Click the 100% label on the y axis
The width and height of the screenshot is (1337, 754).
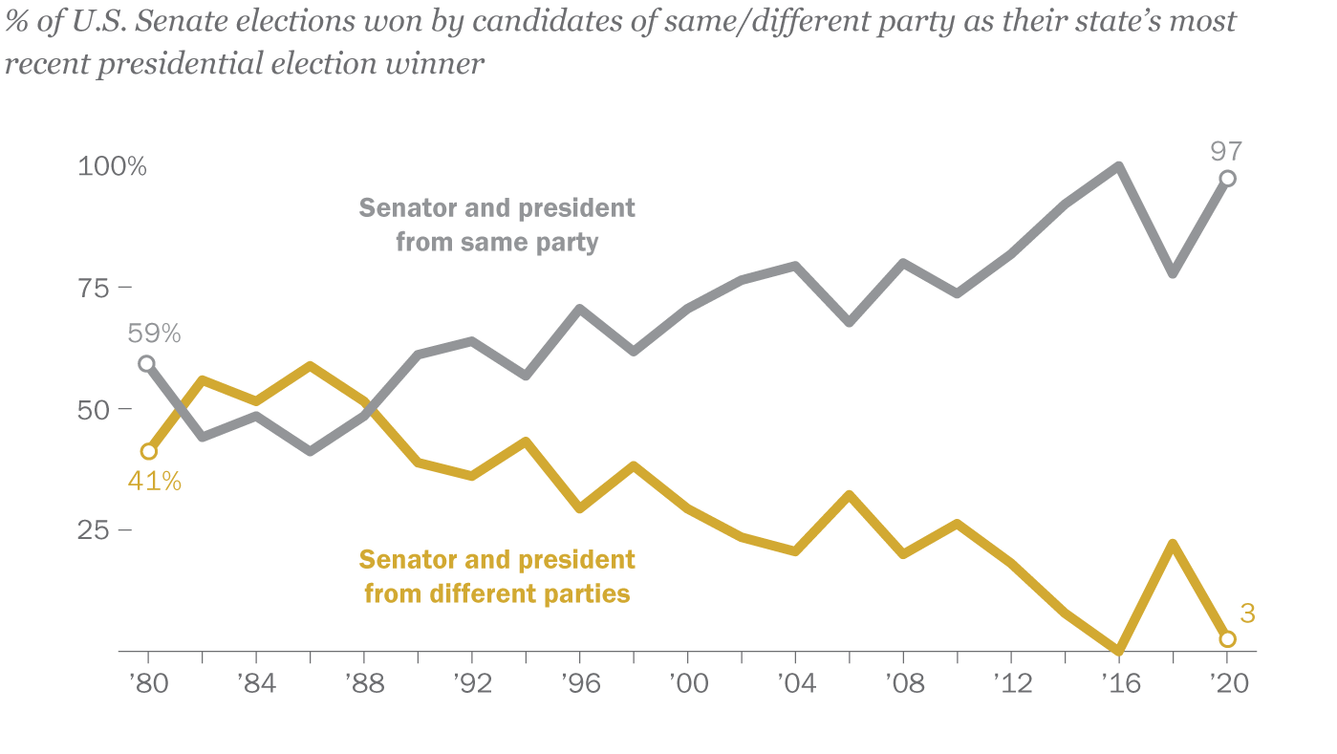tap(112, 167)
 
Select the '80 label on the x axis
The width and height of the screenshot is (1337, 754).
tap(148, 685)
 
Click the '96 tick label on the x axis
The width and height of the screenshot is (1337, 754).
tap(579, 685)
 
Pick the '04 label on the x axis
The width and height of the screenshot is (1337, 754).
tap(795, 685)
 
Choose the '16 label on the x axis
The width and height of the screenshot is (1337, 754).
tap(1118, 685)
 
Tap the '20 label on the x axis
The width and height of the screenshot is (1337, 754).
tap(1226, 685)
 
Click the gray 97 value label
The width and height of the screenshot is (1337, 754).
tap(1226, 149)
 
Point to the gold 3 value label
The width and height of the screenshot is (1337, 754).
tap(1247, 614)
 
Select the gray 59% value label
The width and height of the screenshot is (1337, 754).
tap(154, 334)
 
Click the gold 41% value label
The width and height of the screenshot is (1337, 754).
tap(154, 481)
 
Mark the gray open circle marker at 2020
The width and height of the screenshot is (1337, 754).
tap(1227, 179)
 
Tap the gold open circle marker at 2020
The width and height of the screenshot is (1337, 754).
tap(1227, 639)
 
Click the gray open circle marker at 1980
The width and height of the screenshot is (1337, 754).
tap(148, 363)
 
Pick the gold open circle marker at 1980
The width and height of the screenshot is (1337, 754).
tap(148, 451)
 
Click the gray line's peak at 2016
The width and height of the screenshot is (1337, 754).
tap(1118, 166)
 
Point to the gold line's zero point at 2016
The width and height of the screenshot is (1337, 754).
tap(1118, 651)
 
